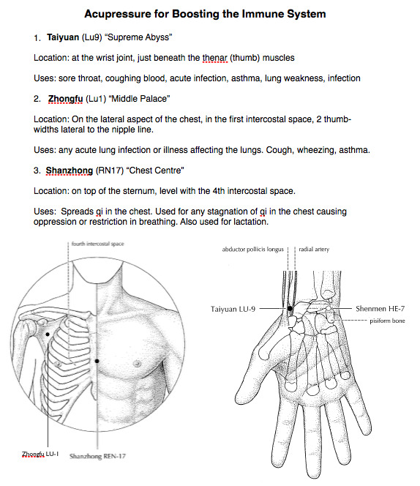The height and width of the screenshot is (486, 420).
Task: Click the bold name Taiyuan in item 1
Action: coord(63,37)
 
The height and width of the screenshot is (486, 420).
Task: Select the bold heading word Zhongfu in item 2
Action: coord(65,99)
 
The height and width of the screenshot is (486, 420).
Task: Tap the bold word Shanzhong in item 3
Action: coord(70,171)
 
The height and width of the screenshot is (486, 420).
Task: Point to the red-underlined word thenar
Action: coord(215,58)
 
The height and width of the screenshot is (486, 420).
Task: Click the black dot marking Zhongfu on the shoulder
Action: coord(48,334)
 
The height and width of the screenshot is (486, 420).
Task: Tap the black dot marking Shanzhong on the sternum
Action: coord(97,361)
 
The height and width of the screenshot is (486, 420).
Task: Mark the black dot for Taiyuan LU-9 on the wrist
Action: coord(290,308)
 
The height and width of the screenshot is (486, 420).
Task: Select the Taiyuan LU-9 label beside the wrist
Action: coord(233,309)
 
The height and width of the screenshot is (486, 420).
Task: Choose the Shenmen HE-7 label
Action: coord(380,309)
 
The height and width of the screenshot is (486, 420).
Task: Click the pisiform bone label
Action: coord(387,321)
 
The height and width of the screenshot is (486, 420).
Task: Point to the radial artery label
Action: coord(314,249)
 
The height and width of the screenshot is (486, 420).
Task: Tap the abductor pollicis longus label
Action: coord(252,250)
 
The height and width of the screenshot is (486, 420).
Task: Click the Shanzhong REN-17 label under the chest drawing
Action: coord(97,456)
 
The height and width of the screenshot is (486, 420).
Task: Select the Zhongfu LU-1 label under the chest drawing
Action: coord(40,454)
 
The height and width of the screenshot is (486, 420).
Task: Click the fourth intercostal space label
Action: coord(97,244)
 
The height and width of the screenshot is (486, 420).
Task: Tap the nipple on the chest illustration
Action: coord(137,363)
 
